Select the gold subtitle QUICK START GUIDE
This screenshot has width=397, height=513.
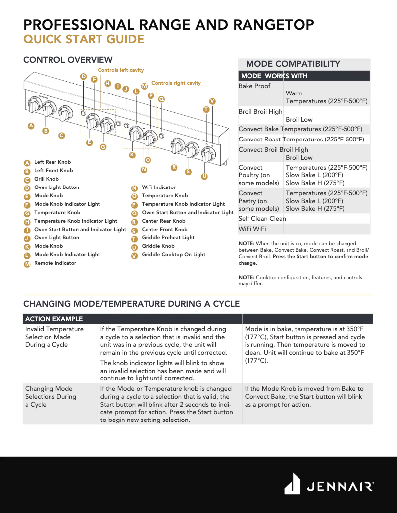pyautogui.click(x=84, y=40)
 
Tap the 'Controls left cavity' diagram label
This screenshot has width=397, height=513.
pyautogui.click(x=120, y=70)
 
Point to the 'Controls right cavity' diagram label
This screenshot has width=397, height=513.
pyautogui.click(x=176, y=83)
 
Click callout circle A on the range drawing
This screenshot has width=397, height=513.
pyautogui.click(x=31, y=126)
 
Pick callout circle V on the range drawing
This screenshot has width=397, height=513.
pyautogui.click(x=212, y=101)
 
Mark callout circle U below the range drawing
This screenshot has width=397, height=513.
pyautogui.click(x=204, y=176)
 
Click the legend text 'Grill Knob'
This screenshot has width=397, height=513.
pyautogui.click(x=46, y=179)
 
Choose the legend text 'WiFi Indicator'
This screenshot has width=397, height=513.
pyautogui.click(x=158, y=187)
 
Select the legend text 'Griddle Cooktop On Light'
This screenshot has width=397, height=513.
pyautogui.click(x=173, y=255)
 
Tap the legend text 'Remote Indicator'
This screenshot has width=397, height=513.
pyautogui.click(x=55, y=263)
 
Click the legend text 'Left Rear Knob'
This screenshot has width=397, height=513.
pyautogui.click(x=52, y=162)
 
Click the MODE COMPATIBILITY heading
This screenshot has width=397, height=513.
pyautogui.click(x=293, y=64)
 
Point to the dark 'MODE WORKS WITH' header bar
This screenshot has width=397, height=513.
pyautogui.click(x=304, y=76)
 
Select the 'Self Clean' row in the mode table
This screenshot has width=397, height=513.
pyautogui.click(x=262, y=219)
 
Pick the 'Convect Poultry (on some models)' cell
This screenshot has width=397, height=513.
pyautogui.click(x=260, y=175)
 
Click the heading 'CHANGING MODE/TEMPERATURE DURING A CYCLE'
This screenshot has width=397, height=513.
pyautogui.click(x=131, y=304)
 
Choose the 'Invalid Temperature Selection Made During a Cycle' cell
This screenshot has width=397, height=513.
pyautogui.click(x=54, y=337)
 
